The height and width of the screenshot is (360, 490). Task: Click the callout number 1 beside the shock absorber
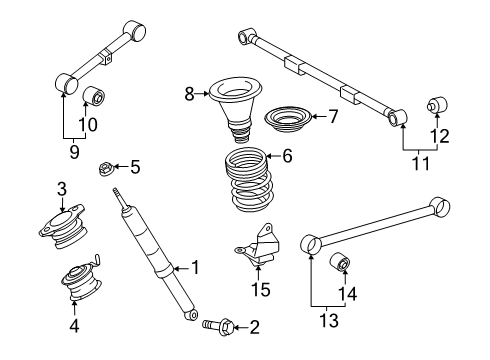[195, 267]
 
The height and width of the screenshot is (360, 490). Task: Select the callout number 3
[62, 188]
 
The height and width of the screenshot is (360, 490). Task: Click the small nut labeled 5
[106, 167]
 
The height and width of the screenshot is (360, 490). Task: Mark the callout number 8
[188, 94]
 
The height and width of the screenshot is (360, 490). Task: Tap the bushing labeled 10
[95, 97]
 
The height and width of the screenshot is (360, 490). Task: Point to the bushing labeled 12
[436, 106]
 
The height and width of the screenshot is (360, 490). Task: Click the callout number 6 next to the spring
[287, 156]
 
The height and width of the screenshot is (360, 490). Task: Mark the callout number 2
[254, 326]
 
